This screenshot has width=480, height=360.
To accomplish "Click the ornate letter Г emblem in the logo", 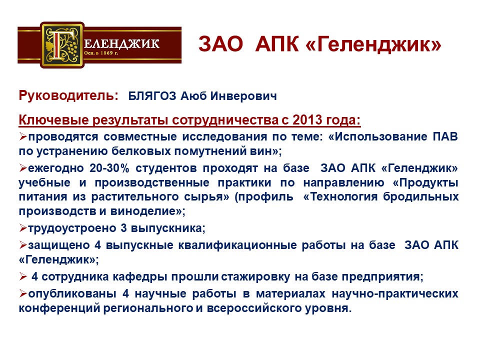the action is tap(62, 44).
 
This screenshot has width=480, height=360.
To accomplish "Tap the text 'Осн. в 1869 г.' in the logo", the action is tap(101, 53).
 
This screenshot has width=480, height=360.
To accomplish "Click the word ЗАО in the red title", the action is tap(220, 44).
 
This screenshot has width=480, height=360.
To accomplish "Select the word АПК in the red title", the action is tap(276, 44).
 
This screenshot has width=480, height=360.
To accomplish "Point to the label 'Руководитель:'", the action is tap(68, 95).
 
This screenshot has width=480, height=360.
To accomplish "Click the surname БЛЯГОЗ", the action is tap(152, 96).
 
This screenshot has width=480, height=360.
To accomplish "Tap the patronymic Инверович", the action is tap(243, 96).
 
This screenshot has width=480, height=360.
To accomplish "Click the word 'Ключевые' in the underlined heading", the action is tap(53, 119).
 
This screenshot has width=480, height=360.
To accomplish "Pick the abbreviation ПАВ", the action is tap(445, 136).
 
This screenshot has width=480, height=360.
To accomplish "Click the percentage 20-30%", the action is tap(109, 168).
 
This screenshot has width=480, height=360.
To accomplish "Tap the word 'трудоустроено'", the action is tap(71, 228).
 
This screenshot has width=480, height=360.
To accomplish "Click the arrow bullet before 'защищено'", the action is tap(23, 245).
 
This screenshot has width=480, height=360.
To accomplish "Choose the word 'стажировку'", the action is tap(255, 277).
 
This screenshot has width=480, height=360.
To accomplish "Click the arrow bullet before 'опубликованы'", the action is tap(23, 293).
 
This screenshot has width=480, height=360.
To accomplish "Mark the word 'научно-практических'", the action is tap(395, 294).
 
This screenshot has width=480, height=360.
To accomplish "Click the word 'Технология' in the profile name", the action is tap(344, 196).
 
